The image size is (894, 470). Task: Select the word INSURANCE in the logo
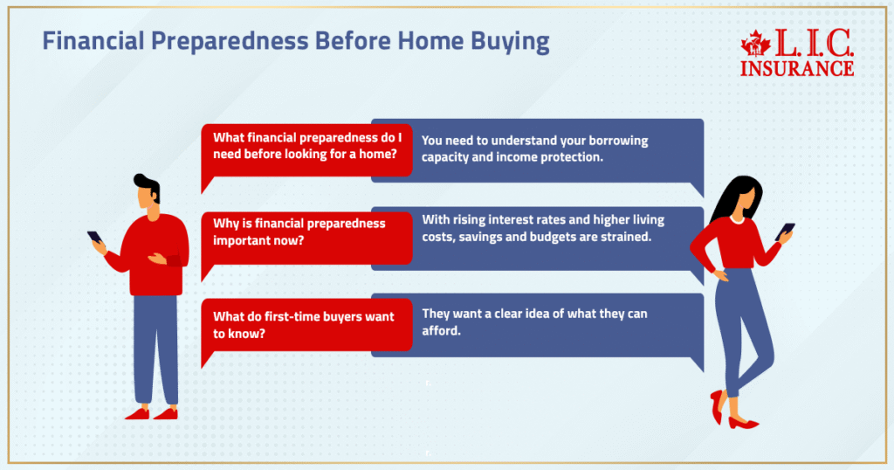(796, 67)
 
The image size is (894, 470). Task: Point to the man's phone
(94, 238)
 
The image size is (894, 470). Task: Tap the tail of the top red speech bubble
(207, 183)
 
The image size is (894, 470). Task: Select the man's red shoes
(151, 413)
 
